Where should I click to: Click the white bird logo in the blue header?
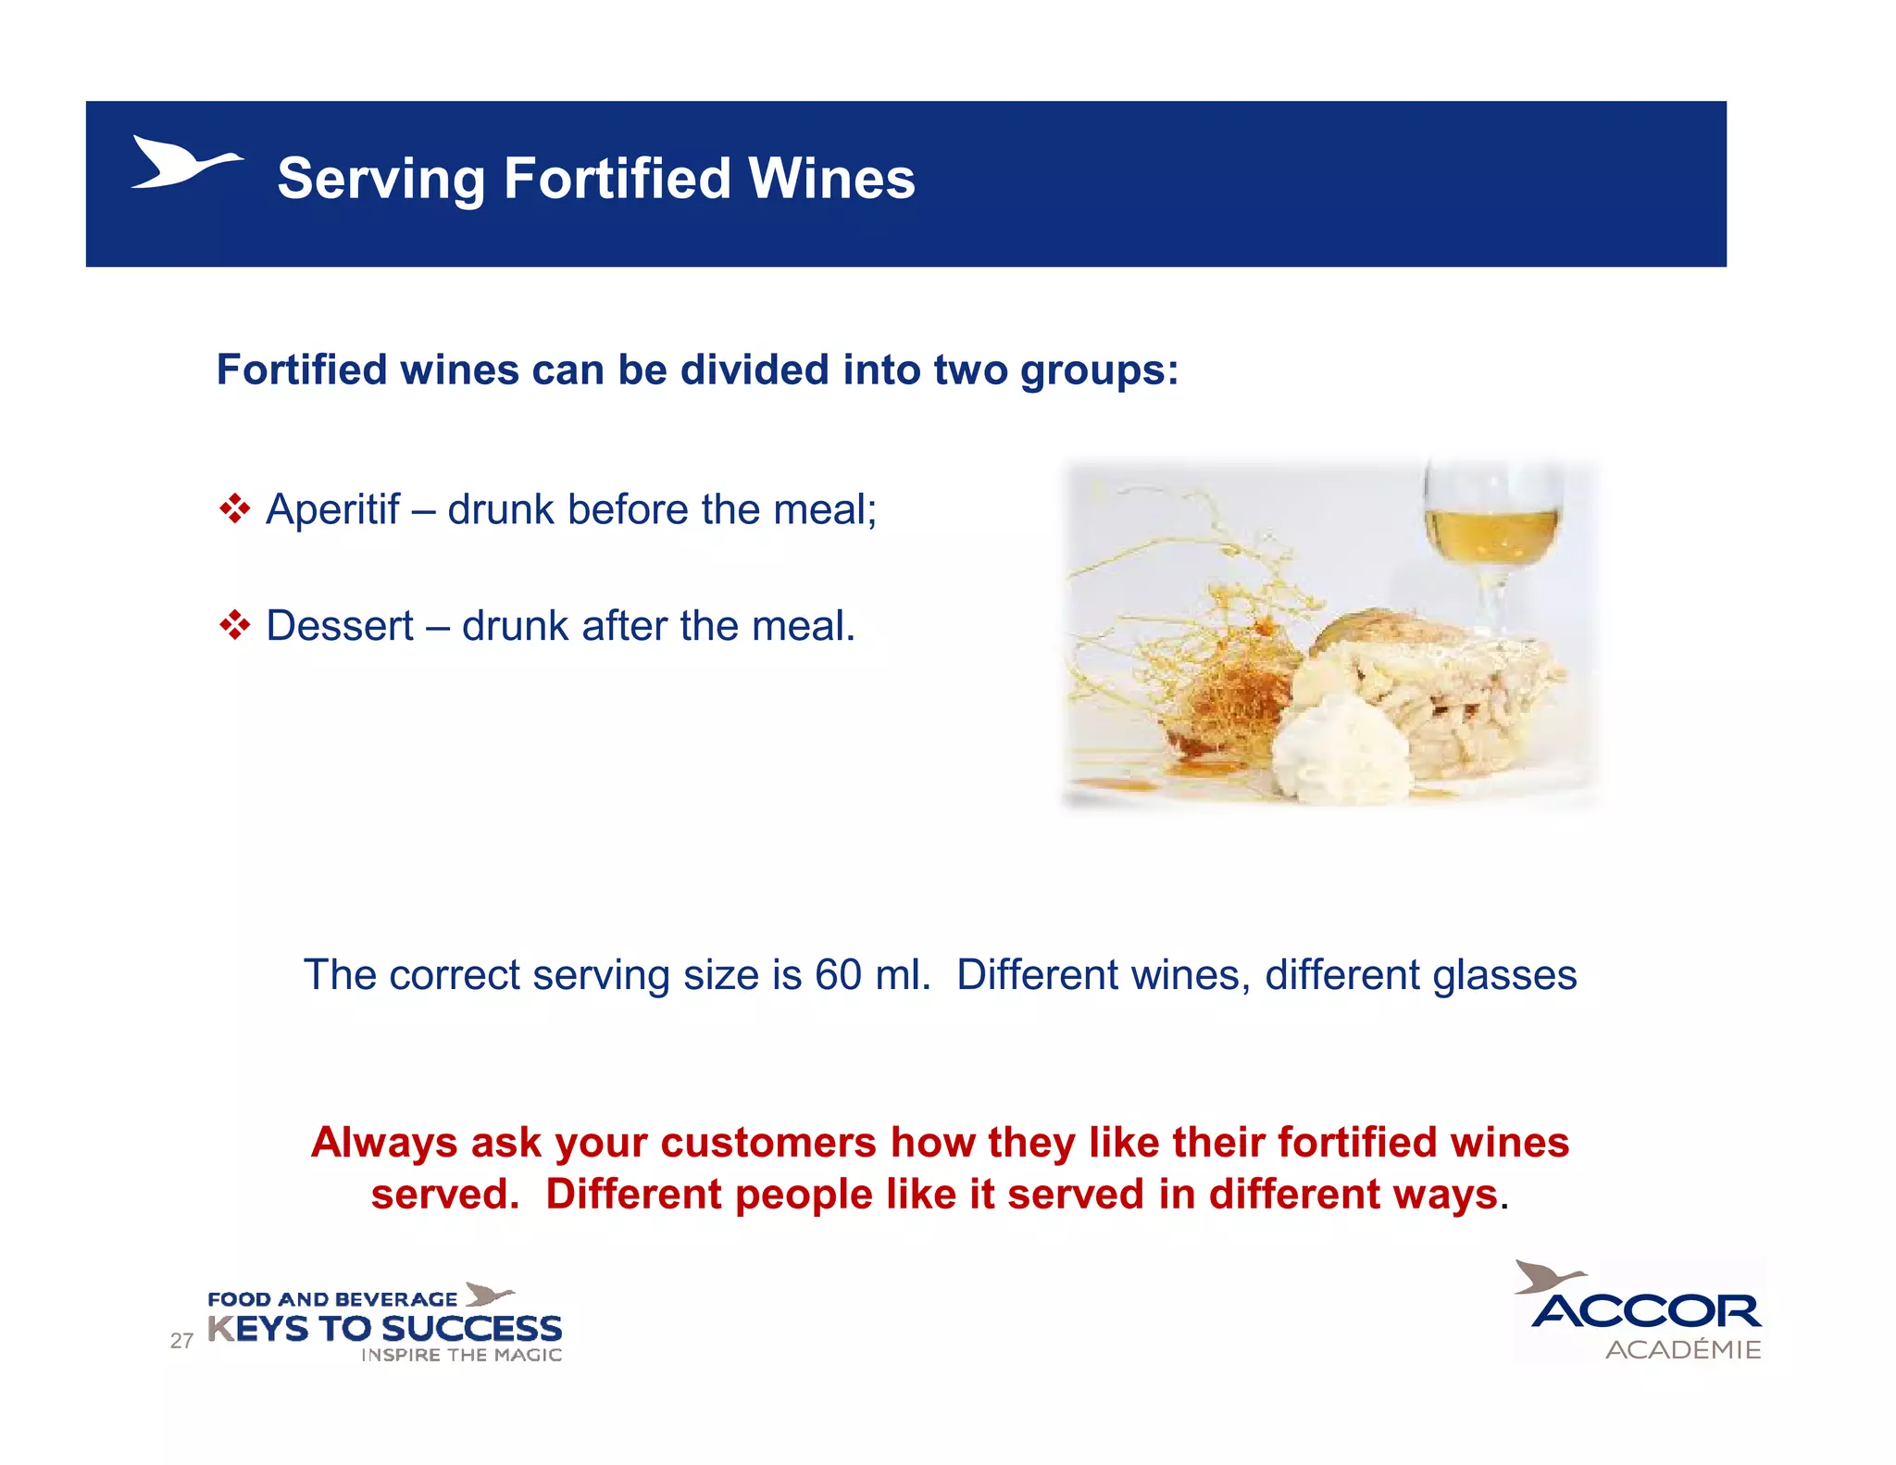coord(184,163)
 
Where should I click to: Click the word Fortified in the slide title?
coord(617,178)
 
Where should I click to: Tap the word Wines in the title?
coord(831,178)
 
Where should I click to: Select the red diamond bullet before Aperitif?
coord(235,508)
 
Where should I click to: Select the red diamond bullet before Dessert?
coord(235,625)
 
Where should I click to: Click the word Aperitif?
coord(332,509)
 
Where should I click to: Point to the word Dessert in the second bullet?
coord(340,626)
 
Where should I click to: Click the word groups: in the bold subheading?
coord(1099,370)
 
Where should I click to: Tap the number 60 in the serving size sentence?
coord(838,975)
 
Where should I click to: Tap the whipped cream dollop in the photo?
coord(1342,750)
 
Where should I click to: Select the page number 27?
coord(181,1340)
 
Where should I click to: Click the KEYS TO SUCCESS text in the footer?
coord(384,1329)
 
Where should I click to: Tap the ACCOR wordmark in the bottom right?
coord(1646,1311)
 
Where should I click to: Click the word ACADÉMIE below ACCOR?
coord(1682,1349)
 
